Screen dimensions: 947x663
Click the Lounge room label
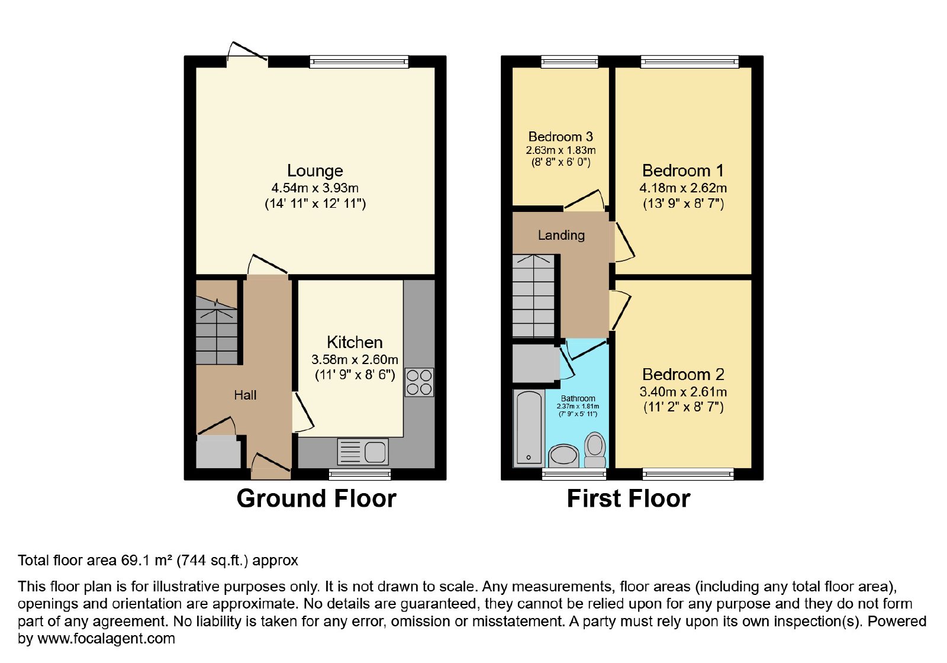(315, 170)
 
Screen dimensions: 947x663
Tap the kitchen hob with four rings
(419, 382)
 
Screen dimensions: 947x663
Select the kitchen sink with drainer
(362, 452)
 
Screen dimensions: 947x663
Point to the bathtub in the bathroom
(529, 428)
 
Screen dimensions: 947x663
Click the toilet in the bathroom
(595, 449)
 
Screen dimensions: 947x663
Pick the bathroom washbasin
(563, 456)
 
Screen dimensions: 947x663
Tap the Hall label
(245, 395)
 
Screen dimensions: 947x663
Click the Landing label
(561, 235)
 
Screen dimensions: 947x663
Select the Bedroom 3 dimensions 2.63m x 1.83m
(561, 150)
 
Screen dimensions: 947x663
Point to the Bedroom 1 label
(683, 170)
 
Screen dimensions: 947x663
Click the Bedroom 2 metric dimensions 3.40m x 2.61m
(683, 391)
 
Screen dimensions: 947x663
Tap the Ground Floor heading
(316, 498)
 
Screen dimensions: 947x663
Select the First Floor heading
(628, 498)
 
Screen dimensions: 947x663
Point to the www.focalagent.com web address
(106, 638)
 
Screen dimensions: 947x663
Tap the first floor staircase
(533, 295)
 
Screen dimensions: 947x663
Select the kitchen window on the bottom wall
(360, 474)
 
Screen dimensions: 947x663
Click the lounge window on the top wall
(359, 62)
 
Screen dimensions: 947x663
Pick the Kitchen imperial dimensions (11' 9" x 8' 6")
(355, 375)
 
